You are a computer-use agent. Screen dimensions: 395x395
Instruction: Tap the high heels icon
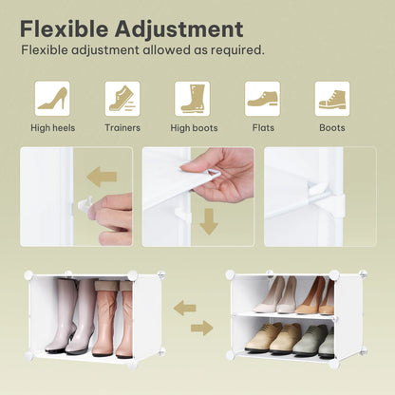tap(52, 99)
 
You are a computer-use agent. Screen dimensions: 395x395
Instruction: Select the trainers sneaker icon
tap(122, 99)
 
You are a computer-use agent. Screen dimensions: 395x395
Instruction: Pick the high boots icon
tap(193, 99)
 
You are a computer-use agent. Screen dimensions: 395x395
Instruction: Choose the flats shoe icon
tap(262, 99)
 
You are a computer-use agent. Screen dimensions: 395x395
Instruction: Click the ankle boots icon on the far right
tap(332, 99)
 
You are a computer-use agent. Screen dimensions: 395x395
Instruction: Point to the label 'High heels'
tap(52, 128)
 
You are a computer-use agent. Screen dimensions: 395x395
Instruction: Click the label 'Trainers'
tap(122, 128)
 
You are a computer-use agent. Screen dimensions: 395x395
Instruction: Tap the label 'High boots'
tap(193, 128)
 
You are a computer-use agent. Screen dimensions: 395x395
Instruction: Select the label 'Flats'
tap(262, 128)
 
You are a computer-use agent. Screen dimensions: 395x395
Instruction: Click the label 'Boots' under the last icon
tap(332, 128)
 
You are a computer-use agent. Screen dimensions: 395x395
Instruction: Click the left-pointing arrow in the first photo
tap(102, 176)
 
